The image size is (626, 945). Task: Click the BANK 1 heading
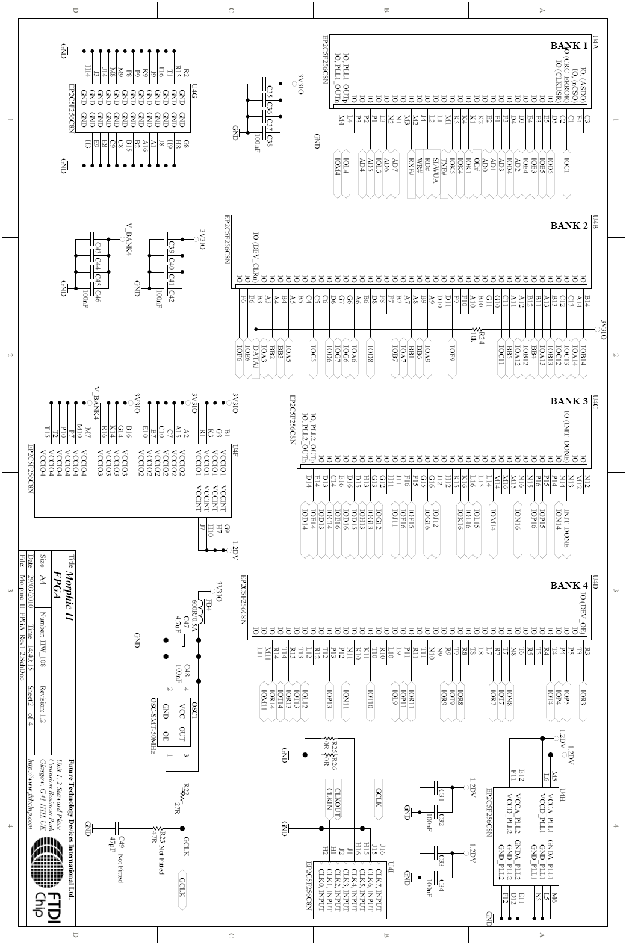[568, 46]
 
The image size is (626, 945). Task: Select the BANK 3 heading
[568, 401]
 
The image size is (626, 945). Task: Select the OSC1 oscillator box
[181, 735]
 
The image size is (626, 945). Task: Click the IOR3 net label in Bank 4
[583, 702]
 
